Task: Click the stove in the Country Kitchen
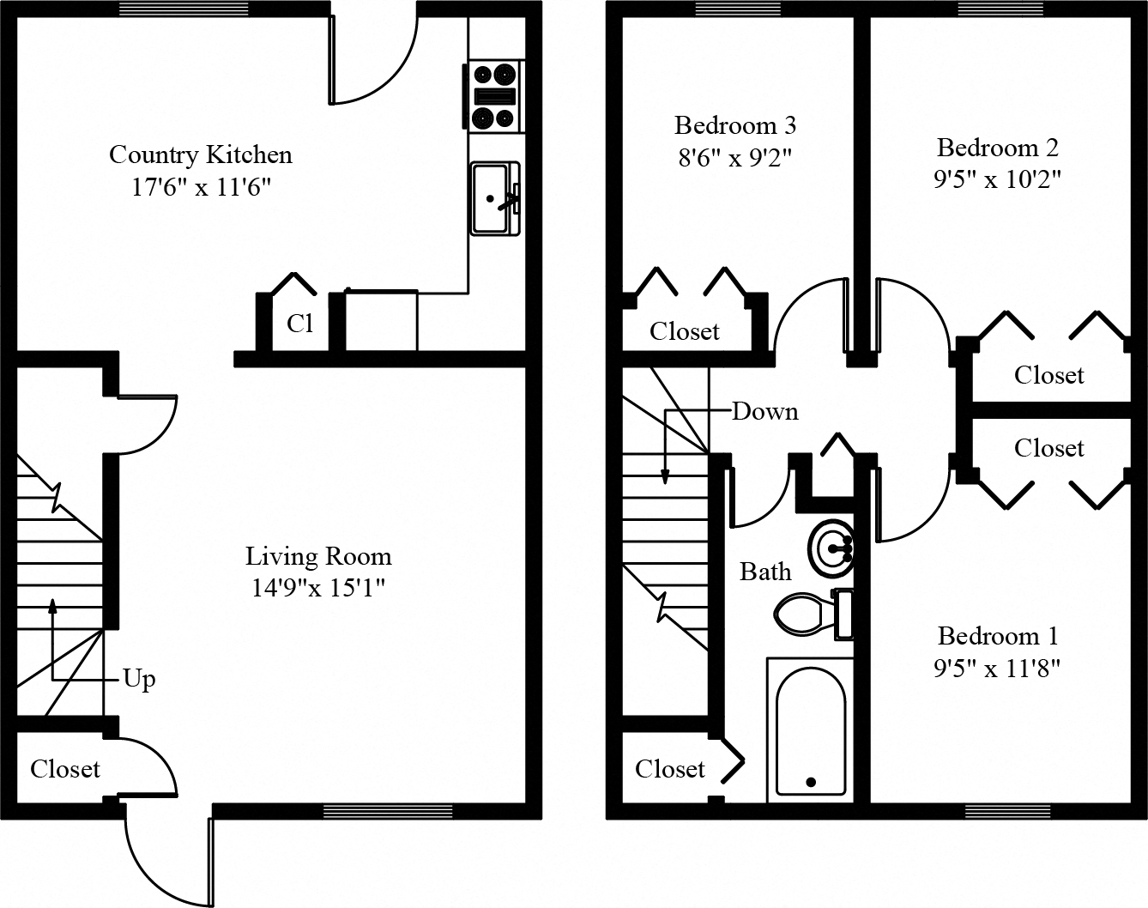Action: pyautogui.click(x=495, y=97)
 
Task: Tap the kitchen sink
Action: pyautogui.click(x=494, y=198)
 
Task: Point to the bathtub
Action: pyautogui.click(x=810, y=729)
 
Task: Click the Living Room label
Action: pyautogui.click(x=318, y=556)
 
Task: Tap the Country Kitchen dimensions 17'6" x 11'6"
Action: pyautogui.click(x=201, y=187)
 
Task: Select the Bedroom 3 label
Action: pyautogui.click(x=735, y=125)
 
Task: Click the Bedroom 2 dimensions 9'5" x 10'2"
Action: pyautogui.click(x=997, y=180)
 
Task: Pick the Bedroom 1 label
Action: pyautogui.click(x=997, y=636)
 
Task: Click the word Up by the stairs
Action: pyautogui.click(x=139, y=679)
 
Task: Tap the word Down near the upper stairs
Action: pyautogui.click(x=764, y=412)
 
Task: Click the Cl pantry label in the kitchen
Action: pyautogui.click(x=299, y=324)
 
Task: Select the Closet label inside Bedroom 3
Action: pyautogui.click(x=684, y=331)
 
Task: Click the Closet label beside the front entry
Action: pyautogui.click(x=65, y=769)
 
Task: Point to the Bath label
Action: pyautogui.click(x=765, y=572)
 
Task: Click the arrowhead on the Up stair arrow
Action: pyautogui.click(x=53, y=605)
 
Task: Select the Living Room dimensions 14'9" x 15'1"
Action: pyautogui.click(x=318, y=589)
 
